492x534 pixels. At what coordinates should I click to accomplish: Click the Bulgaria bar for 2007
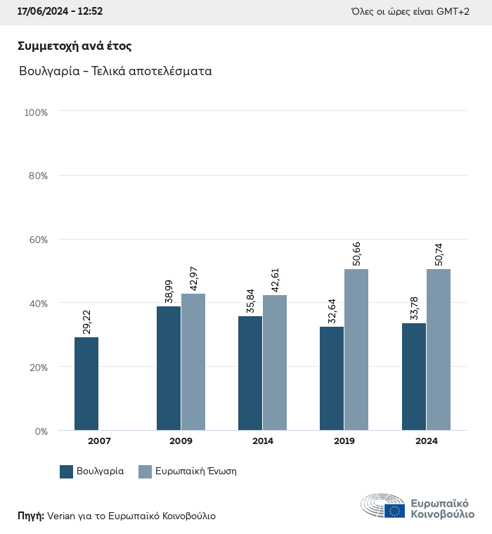(x=86, y=384)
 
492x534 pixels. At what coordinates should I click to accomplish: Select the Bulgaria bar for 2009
(x=169, y=368)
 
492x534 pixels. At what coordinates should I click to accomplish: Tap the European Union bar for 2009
(x=193, y=362)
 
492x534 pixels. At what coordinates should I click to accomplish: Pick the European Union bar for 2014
(x=275, y=363)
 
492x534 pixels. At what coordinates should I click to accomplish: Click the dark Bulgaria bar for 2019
(x=332, y=378)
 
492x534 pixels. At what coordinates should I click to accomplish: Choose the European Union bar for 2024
(x=439, y=349)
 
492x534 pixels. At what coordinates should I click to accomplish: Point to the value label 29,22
(x=87, y=320)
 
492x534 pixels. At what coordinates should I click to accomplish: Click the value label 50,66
(x=357, y=252)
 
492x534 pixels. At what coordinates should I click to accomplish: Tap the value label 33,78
(x=414, y=306)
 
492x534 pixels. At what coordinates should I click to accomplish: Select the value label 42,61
(x=276, y=278)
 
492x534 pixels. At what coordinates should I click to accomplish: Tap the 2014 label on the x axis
(x=263, y=441)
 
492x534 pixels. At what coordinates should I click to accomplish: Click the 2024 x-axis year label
(x=426, y=441)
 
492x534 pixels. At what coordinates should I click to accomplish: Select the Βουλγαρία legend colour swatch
(x=67, y=471)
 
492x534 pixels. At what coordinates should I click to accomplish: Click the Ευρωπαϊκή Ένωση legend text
(x=196, y=471)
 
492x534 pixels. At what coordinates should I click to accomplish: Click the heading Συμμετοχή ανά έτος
(x=75, y=46)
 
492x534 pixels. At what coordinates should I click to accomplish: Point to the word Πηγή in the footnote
(x=30, y=516)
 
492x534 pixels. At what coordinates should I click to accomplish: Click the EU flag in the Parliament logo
(x=394, y=511)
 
